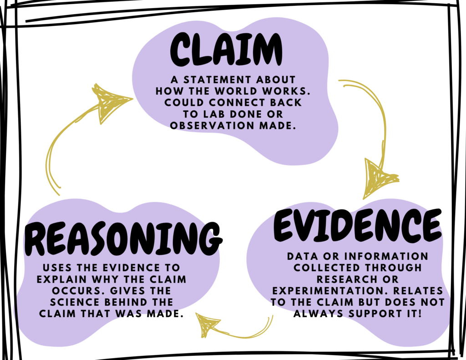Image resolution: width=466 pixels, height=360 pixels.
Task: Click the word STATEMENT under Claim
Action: [x=220, y=80]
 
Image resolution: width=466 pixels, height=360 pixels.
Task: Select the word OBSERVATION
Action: [x=210, y=125]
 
